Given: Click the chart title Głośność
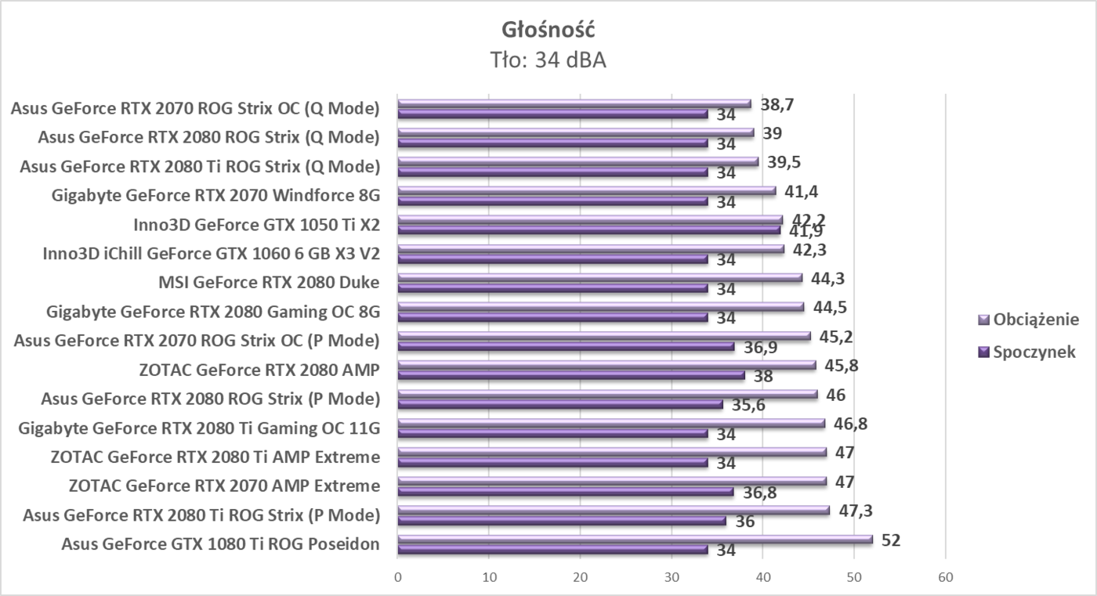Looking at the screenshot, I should click(x=548, y=30).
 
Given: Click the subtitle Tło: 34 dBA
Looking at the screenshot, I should click(x=548, y=60).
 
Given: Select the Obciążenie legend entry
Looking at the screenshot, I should click(x=1035, y=320).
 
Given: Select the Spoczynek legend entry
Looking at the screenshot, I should click(x=1034, y=352).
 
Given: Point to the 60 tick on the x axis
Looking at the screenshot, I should click(x=945, y=577).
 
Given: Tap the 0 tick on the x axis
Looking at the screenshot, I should click(x=398, y=577).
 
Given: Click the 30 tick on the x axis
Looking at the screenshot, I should click(x=672, y=577).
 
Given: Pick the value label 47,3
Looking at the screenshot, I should click(x=856, y=511).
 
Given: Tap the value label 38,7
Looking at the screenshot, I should click(x=778, y=104).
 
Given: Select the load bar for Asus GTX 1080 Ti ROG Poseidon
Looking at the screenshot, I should click(x=635, y=539).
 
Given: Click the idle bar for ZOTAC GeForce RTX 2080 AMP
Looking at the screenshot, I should click(x=570, y=374).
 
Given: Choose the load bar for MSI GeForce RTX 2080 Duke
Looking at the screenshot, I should click(x=599, y=277).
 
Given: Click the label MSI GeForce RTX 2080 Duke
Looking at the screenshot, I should click(x=269, y=282).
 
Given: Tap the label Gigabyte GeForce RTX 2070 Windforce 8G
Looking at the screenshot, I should click(x=215, y=195).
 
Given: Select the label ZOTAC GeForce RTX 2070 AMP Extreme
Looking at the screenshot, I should click(x=224, y=486).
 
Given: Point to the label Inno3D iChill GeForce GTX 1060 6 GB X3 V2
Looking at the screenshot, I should click(x=212, y=253).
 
